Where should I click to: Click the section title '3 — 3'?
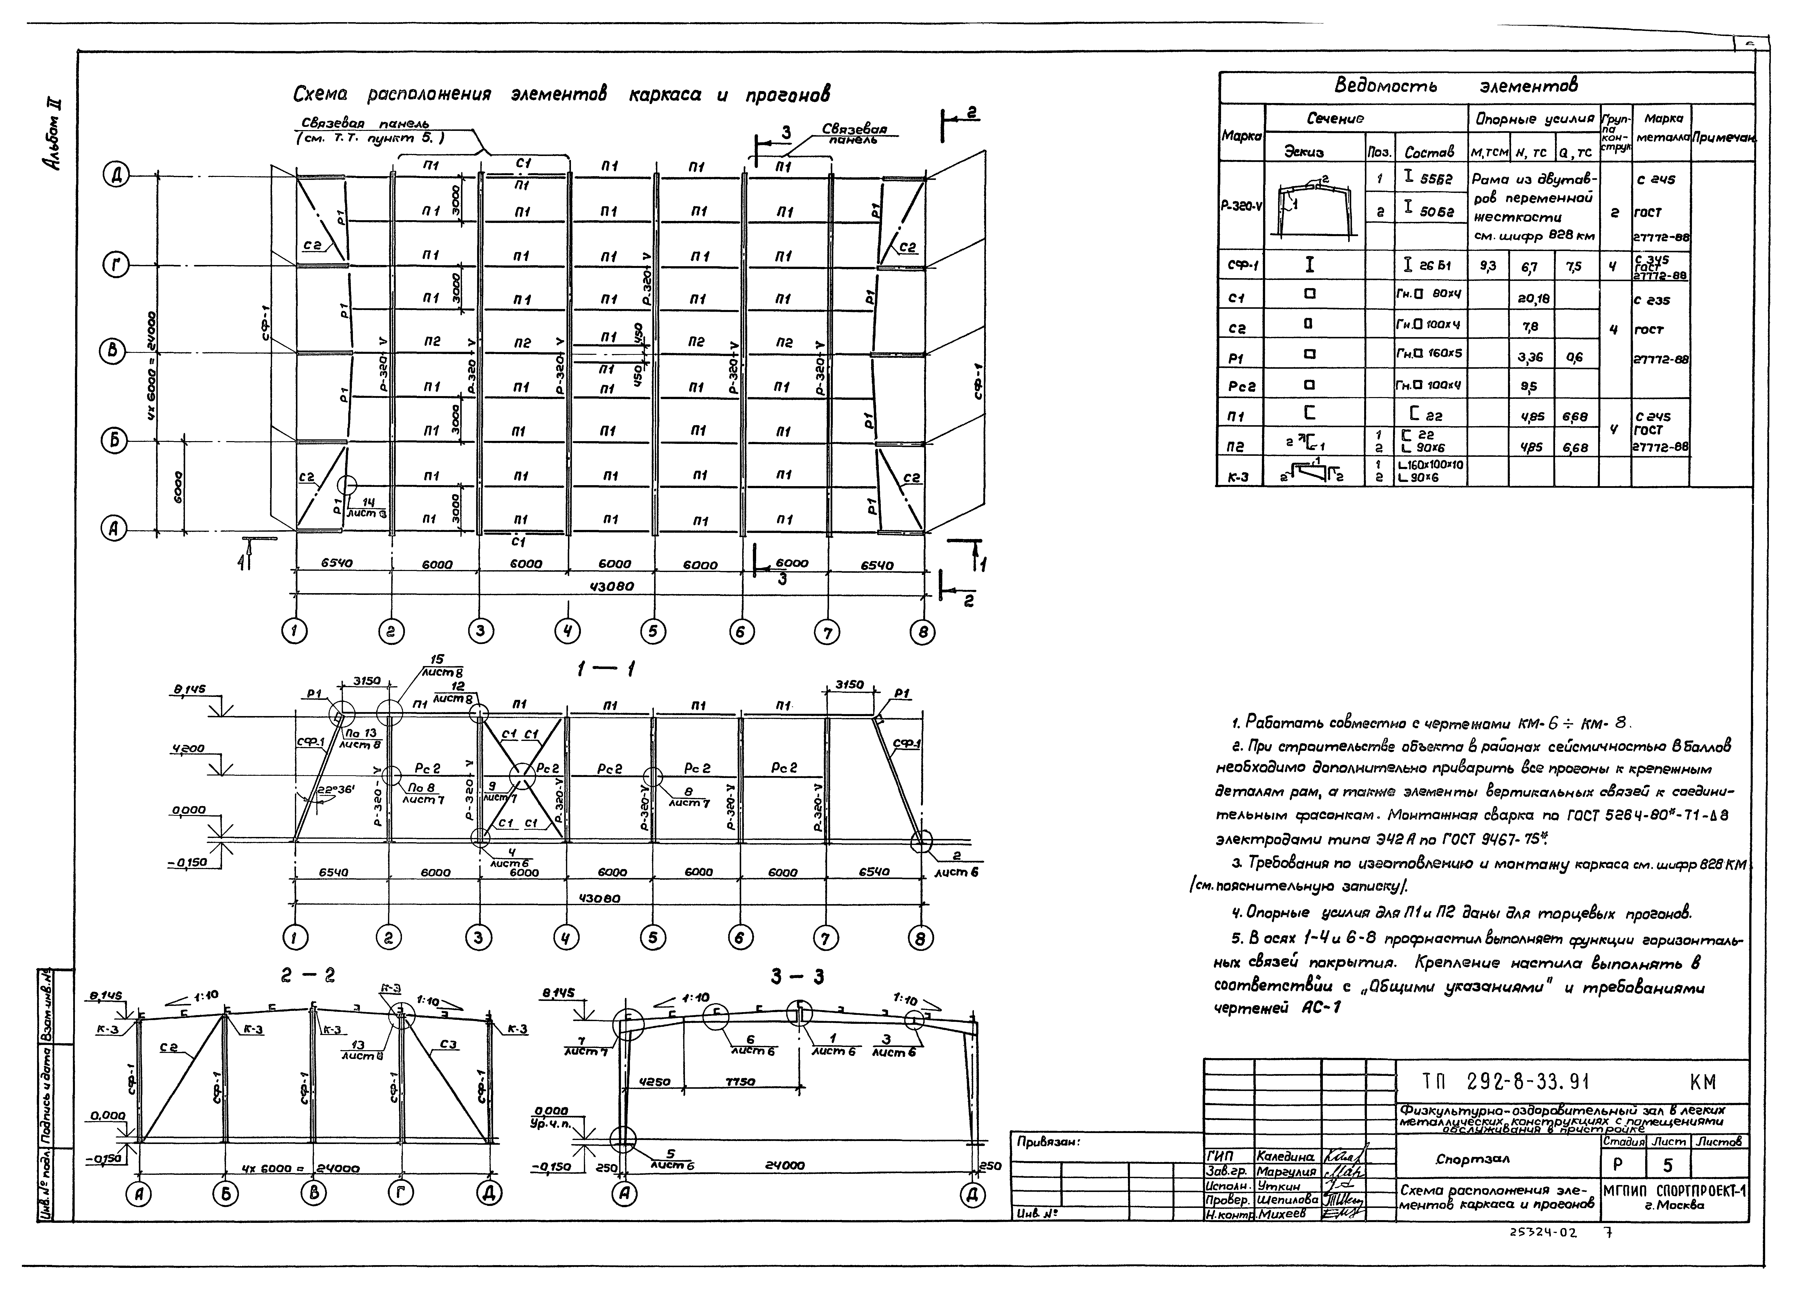coord(798,978)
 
